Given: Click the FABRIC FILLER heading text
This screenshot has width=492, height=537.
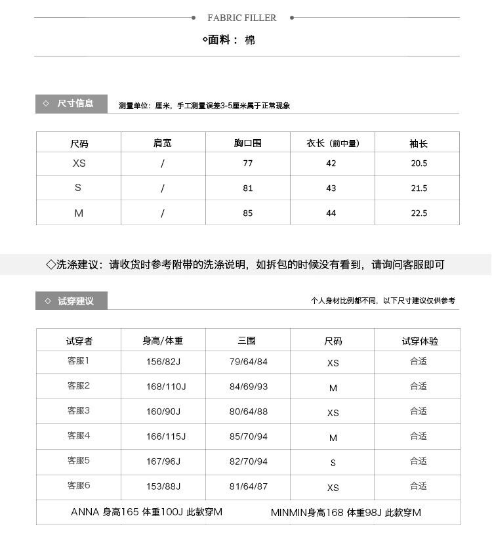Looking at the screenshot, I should [242, 18].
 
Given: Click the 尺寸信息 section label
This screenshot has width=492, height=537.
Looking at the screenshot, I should [75, 104].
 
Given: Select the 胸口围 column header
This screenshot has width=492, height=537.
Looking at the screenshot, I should [247, 143].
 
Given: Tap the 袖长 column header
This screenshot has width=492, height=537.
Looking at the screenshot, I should [419, 143].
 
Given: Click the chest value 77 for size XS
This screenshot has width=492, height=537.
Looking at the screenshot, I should [247, 163].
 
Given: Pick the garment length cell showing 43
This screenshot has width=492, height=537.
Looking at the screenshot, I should [331, 188].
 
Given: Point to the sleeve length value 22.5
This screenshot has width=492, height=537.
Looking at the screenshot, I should [419, 213].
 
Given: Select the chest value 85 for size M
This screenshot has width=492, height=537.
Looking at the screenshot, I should [247, 213].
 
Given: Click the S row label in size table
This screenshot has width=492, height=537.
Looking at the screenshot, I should [78, 188].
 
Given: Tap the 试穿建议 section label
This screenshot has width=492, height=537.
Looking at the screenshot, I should [75, 301].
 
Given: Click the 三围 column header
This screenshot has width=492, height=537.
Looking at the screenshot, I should [247, 341].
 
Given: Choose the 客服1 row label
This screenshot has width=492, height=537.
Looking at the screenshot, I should [78, 361].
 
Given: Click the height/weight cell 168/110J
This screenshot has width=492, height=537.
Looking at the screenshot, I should [166, 387].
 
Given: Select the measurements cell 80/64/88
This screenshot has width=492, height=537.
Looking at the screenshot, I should [249, 412].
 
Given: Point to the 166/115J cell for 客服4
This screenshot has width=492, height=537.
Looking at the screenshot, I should [166, 437].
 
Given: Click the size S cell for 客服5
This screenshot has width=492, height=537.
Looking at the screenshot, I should [333, 462].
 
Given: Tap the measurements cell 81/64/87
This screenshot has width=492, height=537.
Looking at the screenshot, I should [249, 486].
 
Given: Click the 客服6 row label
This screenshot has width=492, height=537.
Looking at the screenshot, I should [78, 486].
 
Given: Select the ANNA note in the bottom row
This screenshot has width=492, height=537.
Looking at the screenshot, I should [146, 512].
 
